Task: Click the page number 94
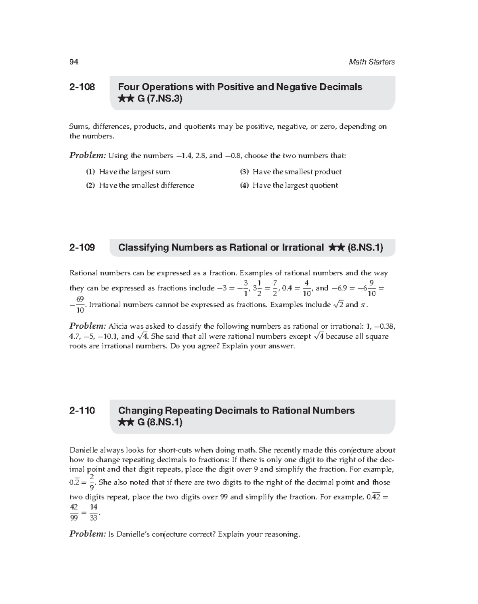point(74,62)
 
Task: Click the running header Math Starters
point(371,62)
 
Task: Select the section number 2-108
point(82,87)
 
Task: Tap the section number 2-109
point(82,247)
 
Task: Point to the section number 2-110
point(82,410)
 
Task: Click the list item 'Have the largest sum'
point(134,172)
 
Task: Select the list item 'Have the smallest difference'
point(146,185)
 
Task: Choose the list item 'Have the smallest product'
point(297,172)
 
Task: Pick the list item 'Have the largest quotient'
point(295,185)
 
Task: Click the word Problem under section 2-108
point(88,155)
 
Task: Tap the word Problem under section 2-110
point(88,534)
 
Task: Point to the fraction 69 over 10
point(80,305)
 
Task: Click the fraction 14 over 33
point(94,512)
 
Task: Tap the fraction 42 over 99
point(74,512)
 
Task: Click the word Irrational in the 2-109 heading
point(302,247)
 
